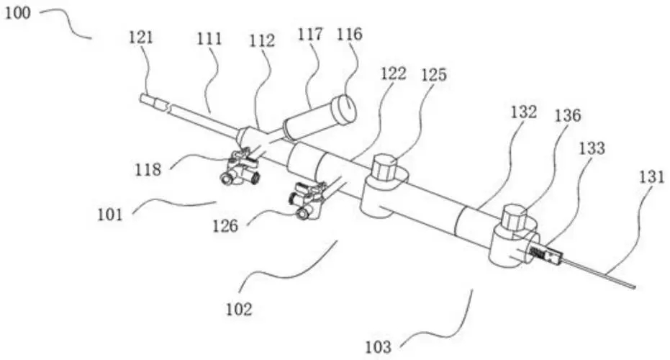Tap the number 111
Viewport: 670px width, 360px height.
pyautogui.click(x=210, y=40)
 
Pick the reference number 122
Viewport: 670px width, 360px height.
pyautogui.click(x=395, y=73)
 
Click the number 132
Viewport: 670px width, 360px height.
pyautogui.click(x=523, y=112)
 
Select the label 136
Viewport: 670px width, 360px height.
pyautogui.click(x=566, y=114)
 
